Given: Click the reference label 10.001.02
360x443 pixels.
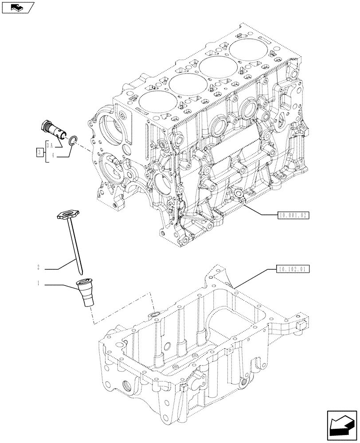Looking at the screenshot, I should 293,216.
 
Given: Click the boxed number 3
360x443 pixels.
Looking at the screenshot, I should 39,153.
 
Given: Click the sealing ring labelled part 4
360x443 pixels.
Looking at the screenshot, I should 73,141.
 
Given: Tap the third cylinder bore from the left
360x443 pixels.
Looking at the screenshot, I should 217,65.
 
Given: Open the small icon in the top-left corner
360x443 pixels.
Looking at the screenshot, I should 17,7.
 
